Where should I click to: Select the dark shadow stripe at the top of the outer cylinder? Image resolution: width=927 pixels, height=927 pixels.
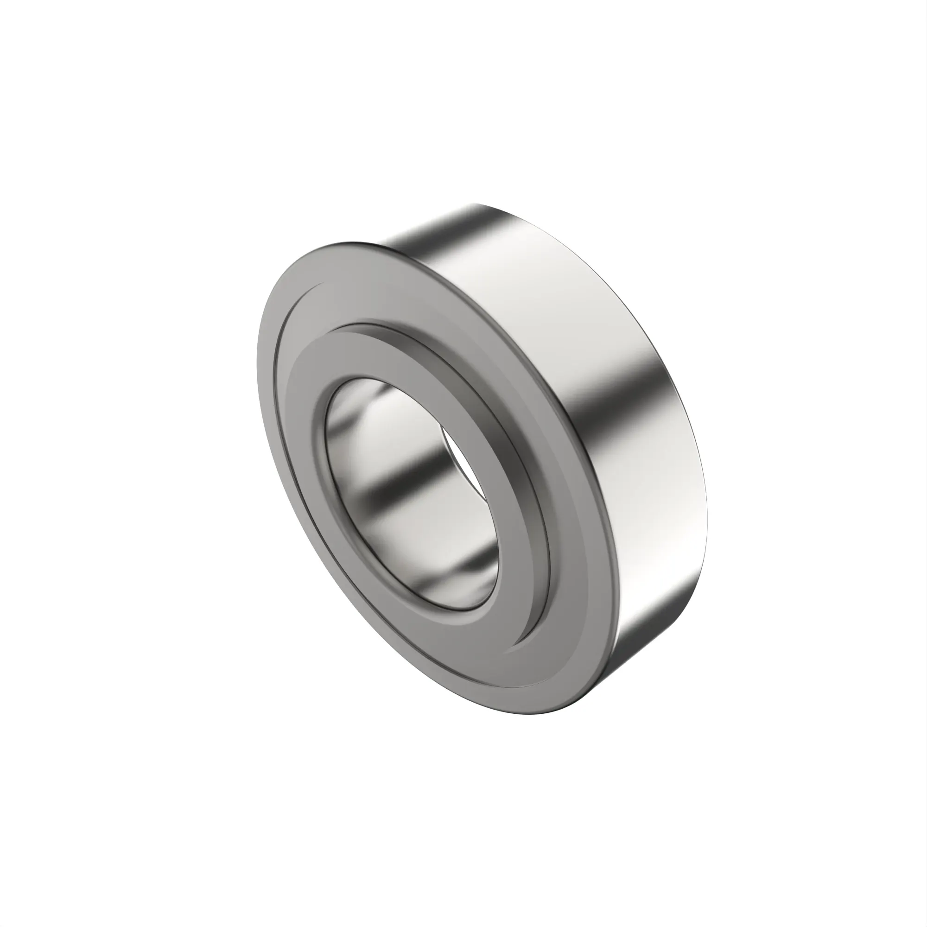tap(432, 230)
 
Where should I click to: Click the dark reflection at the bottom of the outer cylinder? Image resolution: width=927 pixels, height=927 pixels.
tap(638, 638)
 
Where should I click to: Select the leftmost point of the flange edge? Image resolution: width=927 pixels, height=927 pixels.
tap(257, 345)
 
